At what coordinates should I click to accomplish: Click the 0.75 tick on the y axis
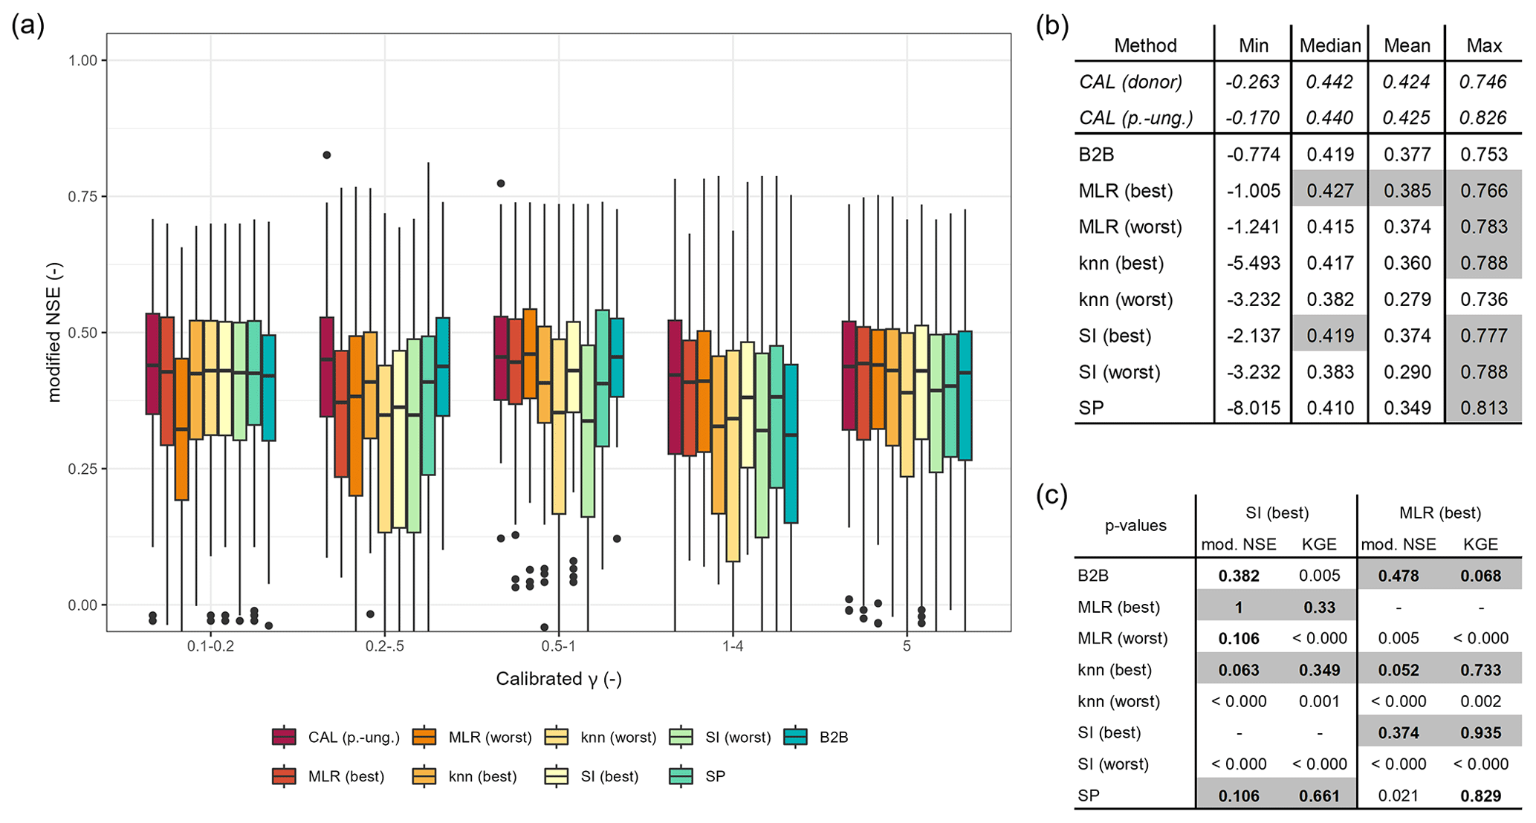pos(82,197)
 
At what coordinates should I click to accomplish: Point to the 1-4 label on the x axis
pos(733,646)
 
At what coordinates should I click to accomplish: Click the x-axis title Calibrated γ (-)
pos(558,679)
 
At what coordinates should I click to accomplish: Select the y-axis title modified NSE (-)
pos(54,332)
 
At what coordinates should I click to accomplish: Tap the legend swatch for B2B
pos(796,737)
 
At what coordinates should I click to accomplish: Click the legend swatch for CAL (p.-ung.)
pos(284,737)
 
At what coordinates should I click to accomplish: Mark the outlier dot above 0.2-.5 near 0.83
pos(326,155)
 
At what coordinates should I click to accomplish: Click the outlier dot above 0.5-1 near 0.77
pos(501,183)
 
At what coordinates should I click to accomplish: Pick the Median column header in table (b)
pos(1329,46)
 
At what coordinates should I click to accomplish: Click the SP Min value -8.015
pos(1253,408)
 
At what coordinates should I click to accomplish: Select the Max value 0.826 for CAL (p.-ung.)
pos(1483,117)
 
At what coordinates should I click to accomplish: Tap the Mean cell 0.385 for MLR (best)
pos(1407,191)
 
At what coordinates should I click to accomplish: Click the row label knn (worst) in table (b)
pos(1126,299)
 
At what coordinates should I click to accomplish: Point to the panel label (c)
pos(1051,495)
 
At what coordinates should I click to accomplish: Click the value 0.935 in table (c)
pos(1480,733)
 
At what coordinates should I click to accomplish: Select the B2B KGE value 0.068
pos(1480,576)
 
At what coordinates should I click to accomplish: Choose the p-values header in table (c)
pos(1135,526)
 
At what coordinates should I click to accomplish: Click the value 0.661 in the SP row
pos(1319,796)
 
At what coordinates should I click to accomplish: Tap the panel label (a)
pos(28,26)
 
